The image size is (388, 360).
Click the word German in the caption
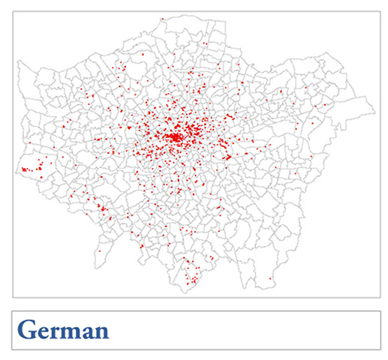click(x=63, y=330)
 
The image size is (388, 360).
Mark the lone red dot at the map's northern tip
click(x=162, y=18)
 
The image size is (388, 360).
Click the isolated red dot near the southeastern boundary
click(x=269, y=279)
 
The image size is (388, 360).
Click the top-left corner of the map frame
click(x=13, y=12)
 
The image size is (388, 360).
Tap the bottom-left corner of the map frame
click(x=13, y=298)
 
